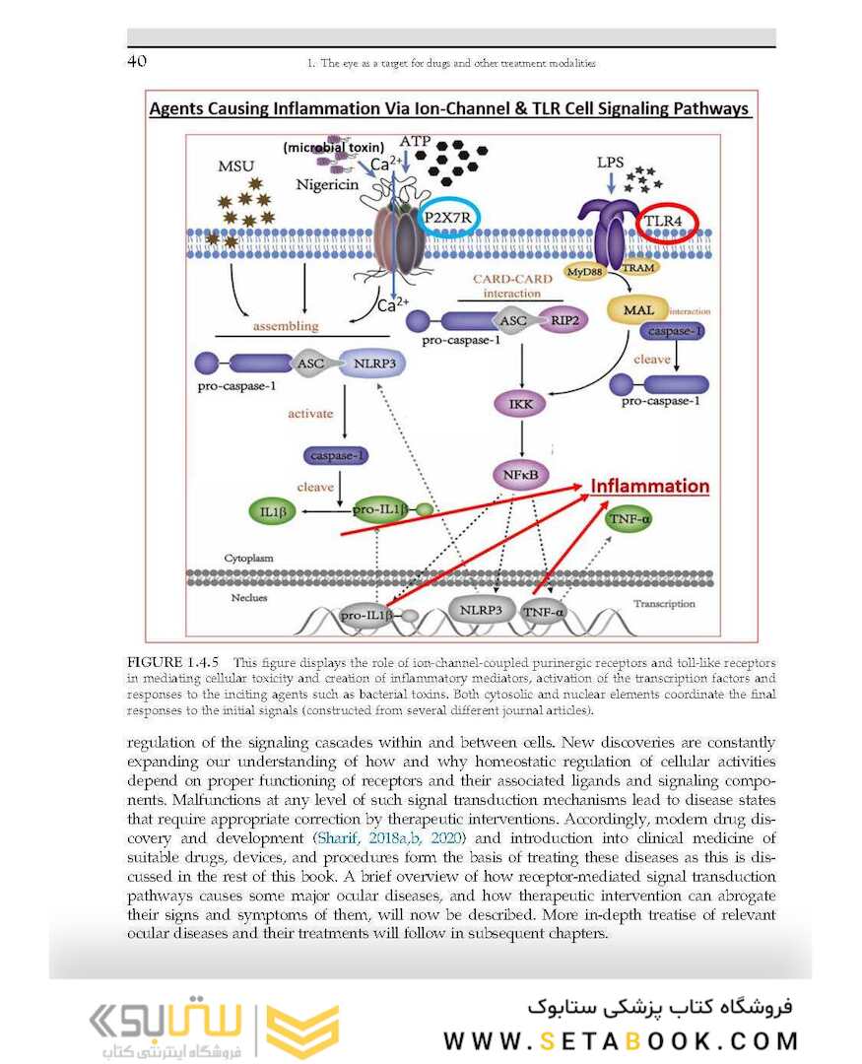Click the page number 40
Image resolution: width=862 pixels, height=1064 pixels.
coord(138,62)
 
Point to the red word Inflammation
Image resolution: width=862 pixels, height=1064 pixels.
coord(649,487)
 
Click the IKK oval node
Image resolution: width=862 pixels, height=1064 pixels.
coord(520,404)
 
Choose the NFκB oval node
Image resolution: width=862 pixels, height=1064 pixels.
coord(519,476)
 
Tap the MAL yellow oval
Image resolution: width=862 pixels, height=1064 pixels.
coord(638,310)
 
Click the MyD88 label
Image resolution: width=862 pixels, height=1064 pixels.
coord(582,270)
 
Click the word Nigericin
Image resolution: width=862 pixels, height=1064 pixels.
coord(326,184)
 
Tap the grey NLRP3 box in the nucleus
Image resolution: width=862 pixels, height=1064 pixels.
coord(481,611)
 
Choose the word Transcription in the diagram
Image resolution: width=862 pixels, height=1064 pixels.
coord(665,604)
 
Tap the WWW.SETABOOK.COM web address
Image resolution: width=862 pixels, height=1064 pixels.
coord(621,1041)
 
